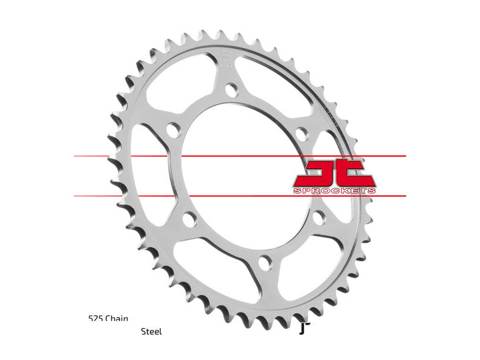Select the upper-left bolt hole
173,130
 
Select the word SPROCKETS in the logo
335,191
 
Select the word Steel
151,331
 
